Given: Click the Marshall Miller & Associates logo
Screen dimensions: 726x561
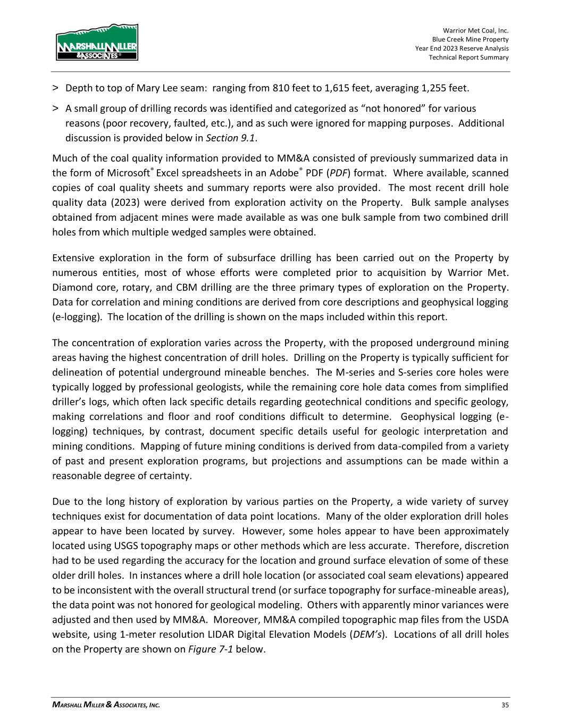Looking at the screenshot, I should click(x=97, y=42).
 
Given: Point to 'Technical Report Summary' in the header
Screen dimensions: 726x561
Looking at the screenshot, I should click(x=468, y=57).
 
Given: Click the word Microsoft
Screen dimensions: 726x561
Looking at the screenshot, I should click(x=127, y=173).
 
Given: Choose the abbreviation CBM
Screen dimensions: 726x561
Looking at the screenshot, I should click(x=188, y=288).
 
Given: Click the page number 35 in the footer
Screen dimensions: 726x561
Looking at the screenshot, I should click(x=505, y=705).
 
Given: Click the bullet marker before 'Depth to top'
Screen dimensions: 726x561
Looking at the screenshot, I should click(x=56, y=88).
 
